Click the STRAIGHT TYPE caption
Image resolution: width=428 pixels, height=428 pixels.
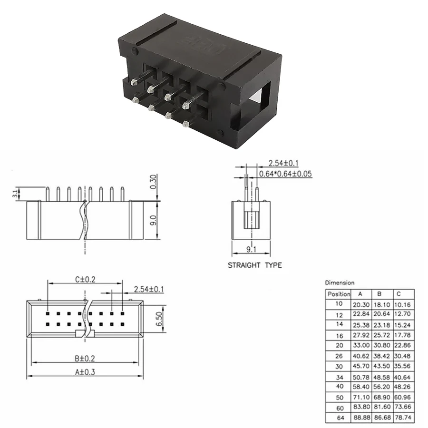pos(254,265)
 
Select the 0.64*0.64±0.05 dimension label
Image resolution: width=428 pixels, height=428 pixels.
pos(285,174)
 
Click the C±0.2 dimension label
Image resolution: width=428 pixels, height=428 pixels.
pos(85,280)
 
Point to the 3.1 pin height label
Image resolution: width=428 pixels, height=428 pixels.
pos(16,193)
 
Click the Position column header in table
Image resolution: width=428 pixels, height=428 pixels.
pos(339,294)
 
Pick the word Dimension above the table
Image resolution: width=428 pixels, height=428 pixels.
pos(340,282)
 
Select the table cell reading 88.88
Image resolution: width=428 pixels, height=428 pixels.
pos(361,418)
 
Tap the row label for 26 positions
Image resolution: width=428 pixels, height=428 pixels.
pos(339,356)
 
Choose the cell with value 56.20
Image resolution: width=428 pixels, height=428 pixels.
pos(383,387)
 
